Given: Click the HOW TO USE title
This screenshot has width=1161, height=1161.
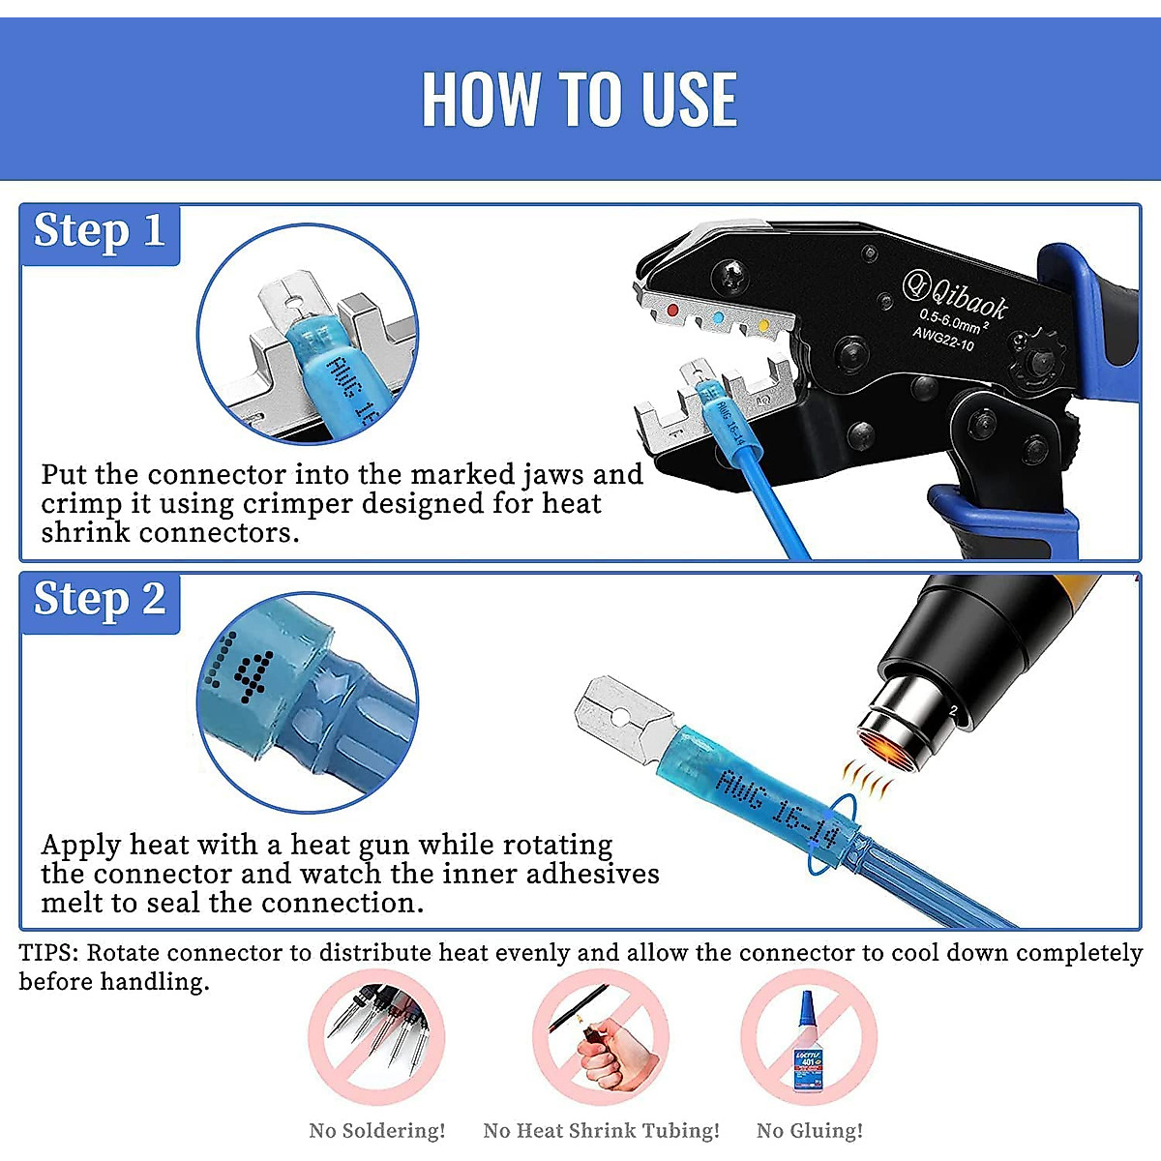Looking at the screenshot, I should [580, 100].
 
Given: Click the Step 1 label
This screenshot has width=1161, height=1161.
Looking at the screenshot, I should [100, 232].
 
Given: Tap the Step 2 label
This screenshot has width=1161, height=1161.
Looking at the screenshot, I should [100, 601].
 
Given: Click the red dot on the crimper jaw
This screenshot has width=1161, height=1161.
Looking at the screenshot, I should [673, 311].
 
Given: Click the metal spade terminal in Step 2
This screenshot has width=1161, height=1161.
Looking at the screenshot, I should [624, 719].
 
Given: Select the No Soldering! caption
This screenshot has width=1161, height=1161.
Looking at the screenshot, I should [377, 1130].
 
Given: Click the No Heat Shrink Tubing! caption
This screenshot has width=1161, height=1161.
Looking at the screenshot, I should [601, 1130].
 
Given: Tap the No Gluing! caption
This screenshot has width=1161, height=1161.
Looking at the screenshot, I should [810, 1130].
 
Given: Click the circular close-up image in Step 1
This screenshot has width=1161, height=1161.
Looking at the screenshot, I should [308, 335].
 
